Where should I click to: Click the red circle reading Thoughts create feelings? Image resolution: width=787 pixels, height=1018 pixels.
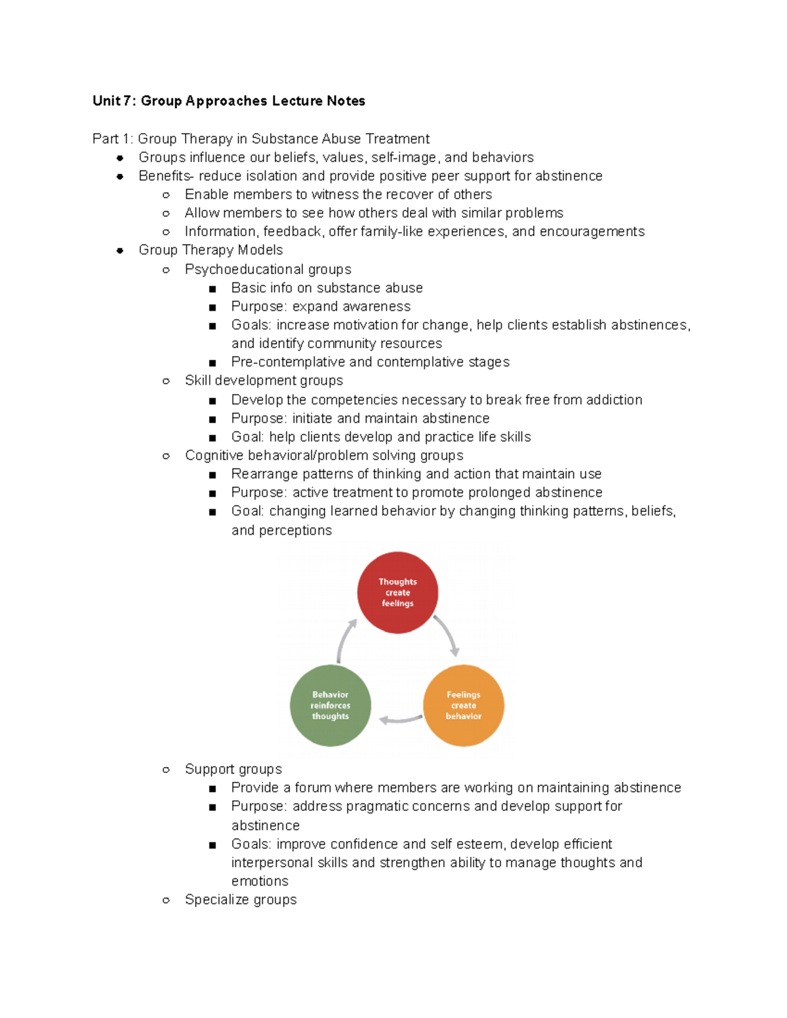coord(397,593)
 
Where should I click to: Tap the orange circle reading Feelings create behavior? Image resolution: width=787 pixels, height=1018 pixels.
coord(464,705)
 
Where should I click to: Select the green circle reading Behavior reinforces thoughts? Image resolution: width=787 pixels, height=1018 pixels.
coord(331,705)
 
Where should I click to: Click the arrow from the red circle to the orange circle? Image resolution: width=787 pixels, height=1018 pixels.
coord(447,634)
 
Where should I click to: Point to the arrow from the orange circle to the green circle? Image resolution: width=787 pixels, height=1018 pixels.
coord(400,720)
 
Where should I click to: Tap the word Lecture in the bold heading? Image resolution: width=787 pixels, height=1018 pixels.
coord(297,101)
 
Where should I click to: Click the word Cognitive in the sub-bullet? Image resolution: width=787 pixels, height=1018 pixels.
coord(213,456)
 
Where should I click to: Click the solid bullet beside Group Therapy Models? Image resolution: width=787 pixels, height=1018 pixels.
coord(120,250)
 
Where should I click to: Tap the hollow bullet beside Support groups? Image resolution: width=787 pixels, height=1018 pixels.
coord(166,770)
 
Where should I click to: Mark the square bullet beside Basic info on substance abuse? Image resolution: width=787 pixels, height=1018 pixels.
coord(212,288)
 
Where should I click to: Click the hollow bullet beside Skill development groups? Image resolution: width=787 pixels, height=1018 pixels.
coord(166,381)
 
